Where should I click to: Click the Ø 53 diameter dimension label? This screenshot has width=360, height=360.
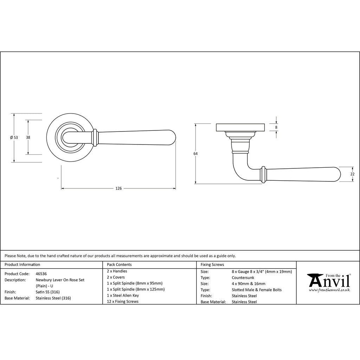coord(14,137)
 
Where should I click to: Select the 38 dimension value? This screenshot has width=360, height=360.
coord(28,137)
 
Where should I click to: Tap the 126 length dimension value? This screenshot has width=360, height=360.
coord(118,188)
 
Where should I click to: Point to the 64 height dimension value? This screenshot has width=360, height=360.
coord(195,154)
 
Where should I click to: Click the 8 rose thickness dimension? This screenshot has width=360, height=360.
coord(276,127)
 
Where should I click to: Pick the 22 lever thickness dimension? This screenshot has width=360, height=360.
coord(352,174)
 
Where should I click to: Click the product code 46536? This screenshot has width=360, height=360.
coord(41,274)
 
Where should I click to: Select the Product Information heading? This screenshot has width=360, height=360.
coord(22,264)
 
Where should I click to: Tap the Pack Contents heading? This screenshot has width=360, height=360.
coord(119,264)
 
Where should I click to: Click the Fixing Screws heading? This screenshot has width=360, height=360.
coord(212,264)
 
